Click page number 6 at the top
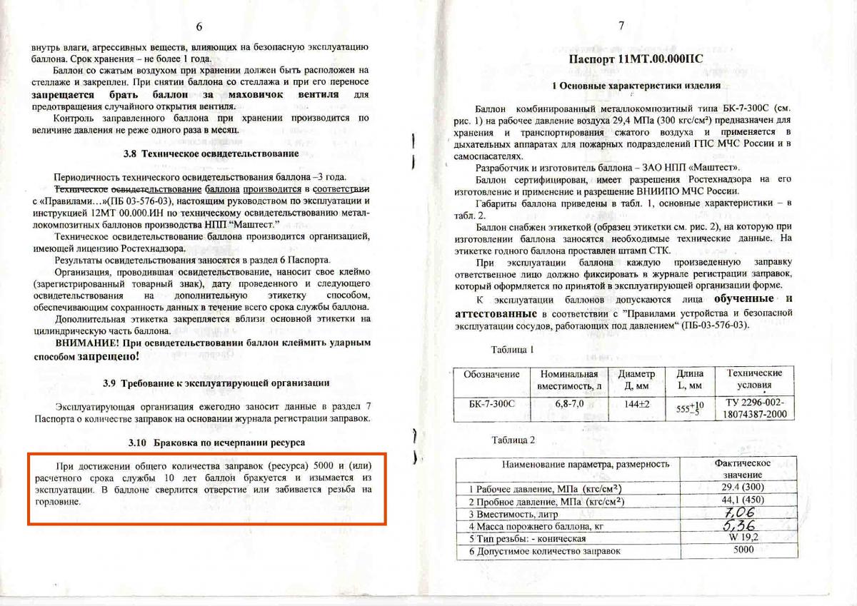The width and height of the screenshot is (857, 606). pos(199,26)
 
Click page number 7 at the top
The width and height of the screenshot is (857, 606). pos(621,26)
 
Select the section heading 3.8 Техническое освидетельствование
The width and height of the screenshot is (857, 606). pos(201,153)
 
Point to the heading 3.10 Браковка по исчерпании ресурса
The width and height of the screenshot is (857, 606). pos(202,442)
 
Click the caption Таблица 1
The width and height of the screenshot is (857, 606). pos(512,350)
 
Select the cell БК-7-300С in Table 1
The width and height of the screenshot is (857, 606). pos(489,403)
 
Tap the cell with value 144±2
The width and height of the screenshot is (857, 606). pos(636,403)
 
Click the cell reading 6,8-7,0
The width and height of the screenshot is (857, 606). pos(568,403)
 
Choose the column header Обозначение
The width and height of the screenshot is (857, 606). pos(491,374)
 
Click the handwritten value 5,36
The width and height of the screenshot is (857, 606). pos(740,526)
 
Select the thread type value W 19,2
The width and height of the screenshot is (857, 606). pos(742,538)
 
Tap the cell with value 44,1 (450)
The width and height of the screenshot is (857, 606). pos(743,500)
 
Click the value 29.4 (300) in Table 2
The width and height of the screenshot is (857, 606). pos(743,488)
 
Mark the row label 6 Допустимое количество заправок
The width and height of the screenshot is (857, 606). pos(545,550)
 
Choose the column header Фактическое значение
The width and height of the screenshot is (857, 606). pos(743,469)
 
